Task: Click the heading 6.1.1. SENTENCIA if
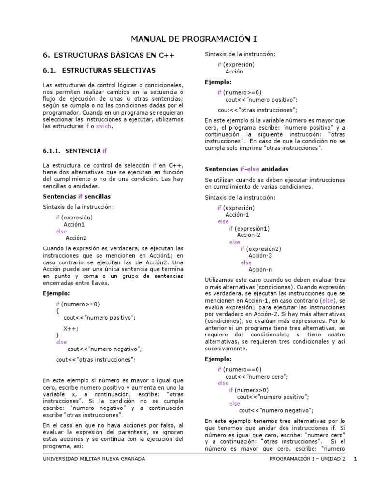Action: pos(74,151)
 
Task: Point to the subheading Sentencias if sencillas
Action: pos(77,197)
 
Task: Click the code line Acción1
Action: pos(74,224)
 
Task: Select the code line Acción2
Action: pos(76,238)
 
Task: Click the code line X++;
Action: pos(71,328)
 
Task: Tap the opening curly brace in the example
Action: pos(57,312)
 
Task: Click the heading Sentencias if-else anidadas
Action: pos(246,169)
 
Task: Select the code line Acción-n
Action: pos(260,269)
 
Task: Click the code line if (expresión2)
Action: pos(261,249)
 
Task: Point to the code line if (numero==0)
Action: pos(239,369)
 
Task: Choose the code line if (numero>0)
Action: pos(249,390)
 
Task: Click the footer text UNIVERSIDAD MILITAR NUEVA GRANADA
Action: pos(94,458)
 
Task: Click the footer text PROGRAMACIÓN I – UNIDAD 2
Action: pos(307,458)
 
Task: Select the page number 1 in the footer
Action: pos(355,458)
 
